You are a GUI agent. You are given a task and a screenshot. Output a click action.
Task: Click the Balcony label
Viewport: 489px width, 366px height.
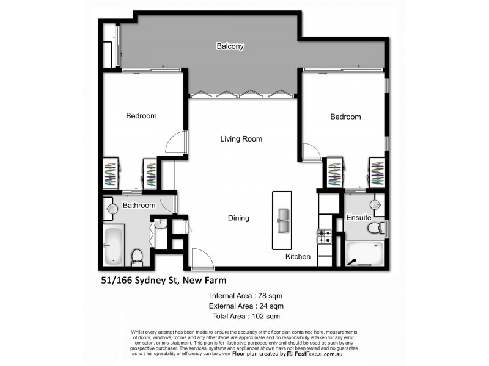230,46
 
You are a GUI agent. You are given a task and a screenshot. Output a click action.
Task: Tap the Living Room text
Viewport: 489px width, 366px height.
241,139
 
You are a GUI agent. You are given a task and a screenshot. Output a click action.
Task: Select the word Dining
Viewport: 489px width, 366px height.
238,218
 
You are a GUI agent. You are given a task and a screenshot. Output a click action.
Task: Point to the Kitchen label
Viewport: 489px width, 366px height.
298,257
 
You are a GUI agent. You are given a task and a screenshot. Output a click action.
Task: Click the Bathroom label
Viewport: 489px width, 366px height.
139,206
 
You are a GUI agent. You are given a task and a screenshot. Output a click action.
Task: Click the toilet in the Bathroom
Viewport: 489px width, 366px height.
138,256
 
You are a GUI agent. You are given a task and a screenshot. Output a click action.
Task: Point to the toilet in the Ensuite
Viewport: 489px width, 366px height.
376,228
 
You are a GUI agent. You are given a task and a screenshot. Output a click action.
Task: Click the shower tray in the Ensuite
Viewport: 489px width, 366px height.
364,254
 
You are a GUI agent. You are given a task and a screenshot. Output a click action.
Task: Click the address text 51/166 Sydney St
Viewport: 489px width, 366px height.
163,281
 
